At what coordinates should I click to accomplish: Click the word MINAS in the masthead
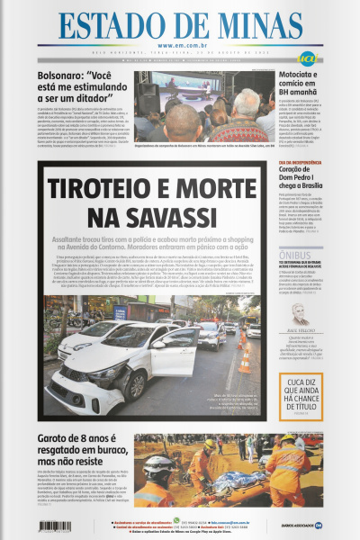coord(253,27)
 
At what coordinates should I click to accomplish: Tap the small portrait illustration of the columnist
coord(298,315)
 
